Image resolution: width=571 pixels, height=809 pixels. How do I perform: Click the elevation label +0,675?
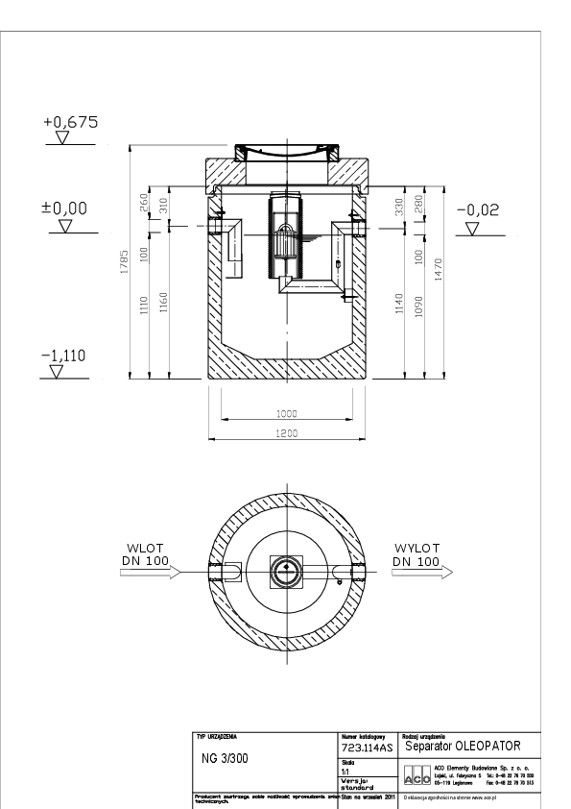pyautogui.click(x=71, y=123)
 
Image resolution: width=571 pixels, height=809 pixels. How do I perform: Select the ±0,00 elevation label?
pyautogui.click(x=62, y=208)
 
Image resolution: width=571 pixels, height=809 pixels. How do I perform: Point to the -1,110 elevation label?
pyautogui.click(x=64, y=355)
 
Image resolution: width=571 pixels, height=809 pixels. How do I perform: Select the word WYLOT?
pyautogui.click(x=416, y=548)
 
